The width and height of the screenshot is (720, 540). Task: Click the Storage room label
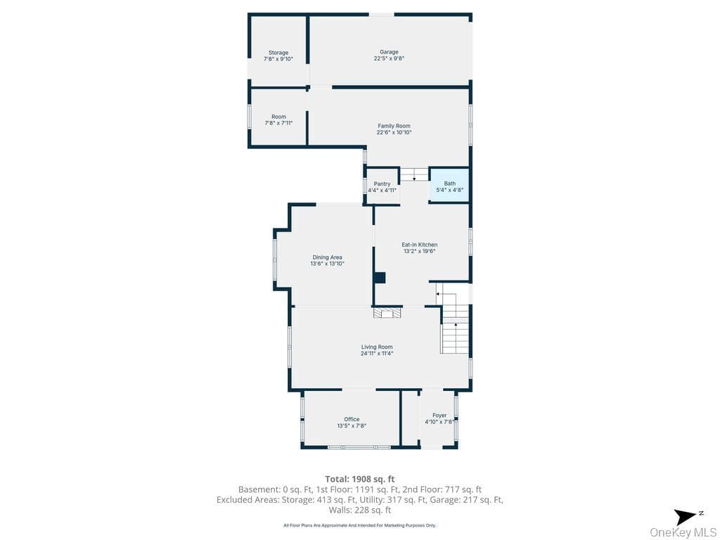point(278,53)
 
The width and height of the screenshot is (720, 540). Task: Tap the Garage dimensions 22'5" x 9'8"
point(389,59)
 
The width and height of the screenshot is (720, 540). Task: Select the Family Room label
point(394,126)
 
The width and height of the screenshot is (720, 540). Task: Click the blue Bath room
point(449,185)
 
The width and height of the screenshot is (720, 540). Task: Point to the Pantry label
point(382,184)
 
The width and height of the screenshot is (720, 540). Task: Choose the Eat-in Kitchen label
point(420,245)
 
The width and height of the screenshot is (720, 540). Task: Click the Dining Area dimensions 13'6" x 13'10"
point(328,264)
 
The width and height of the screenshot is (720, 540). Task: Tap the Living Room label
point(377,347)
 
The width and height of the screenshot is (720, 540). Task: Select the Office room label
point(352,419)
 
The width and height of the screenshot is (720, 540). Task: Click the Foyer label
point(439,415)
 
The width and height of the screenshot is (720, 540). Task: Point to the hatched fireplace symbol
point(387,313)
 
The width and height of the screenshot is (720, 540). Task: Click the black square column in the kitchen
point(379,278)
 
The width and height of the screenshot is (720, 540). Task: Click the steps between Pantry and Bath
point(414,174)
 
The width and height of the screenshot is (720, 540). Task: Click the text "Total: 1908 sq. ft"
point(360,480)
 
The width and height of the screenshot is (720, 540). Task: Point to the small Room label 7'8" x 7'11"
point(278,120)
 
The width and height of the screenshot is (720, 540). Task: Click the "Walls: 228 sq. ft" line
point(360,510)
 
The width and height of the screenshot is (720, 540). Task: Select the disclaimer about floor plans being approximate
point(359,525)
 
